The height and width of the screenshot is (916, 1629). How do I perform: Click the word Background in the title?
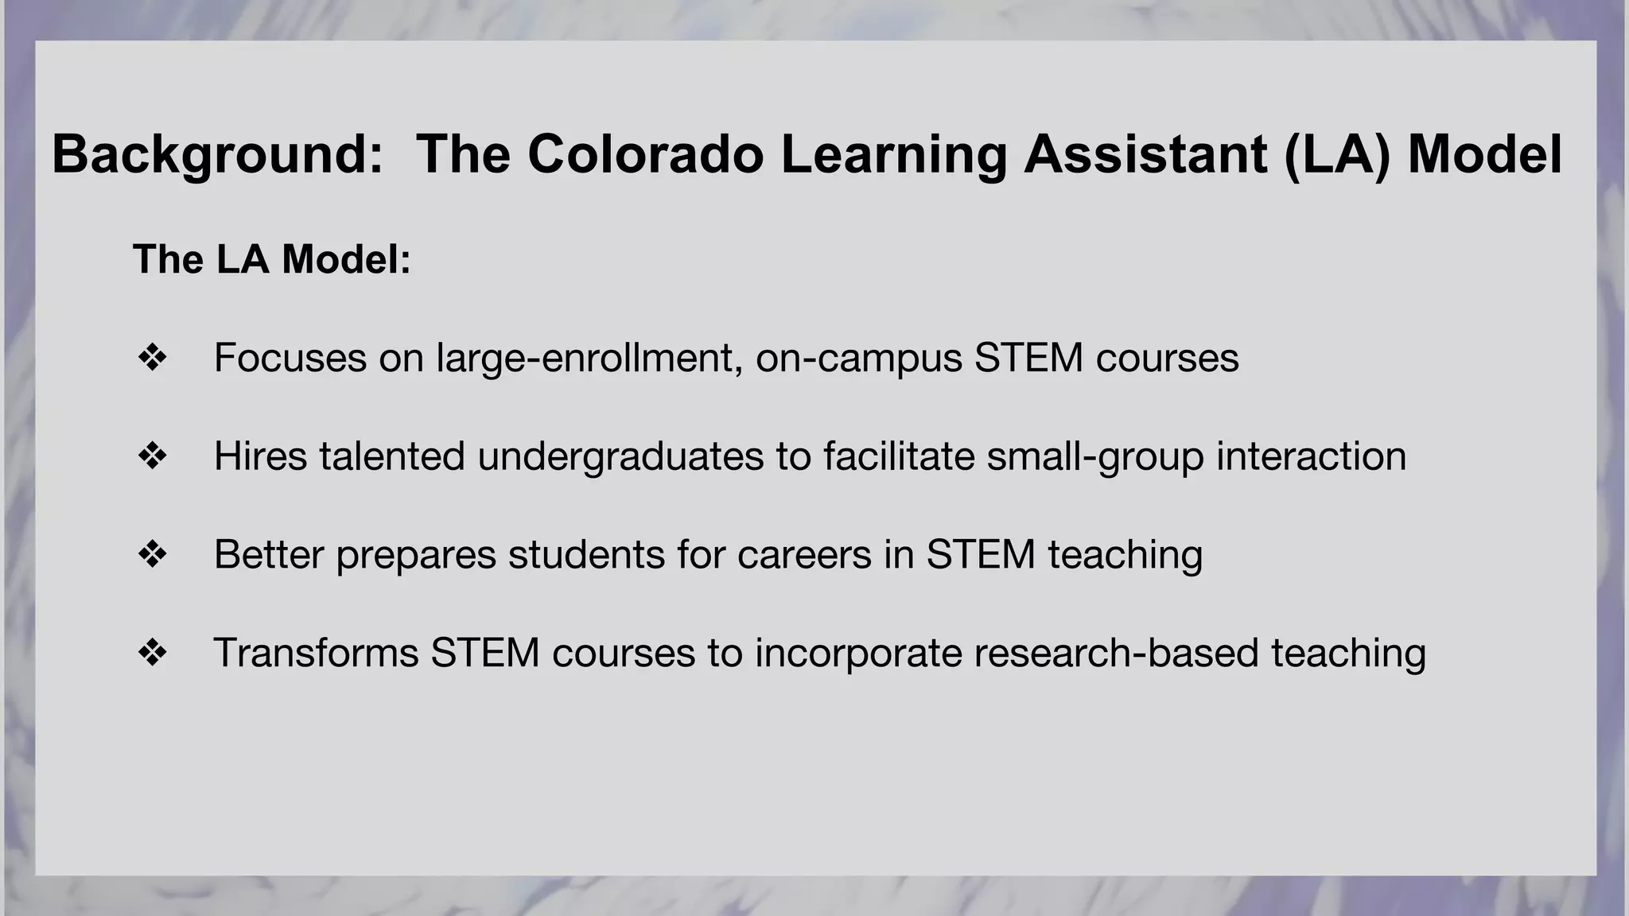[217, 154]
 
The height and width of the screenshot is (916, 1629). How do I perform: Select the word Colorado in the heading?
[645, 154]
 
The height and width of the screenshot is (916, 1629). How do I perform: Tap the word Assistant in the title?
[1145, 154]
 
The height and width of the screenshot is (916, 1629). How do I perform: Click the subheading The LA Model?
[272, 259]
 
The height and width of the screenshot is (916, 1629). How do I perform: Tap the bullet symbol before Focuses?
[152, 358]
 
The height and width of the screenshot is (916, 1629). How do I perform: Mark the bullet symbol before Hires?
[152, 456]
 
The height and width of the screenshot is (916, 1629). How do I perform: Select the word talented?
[392, 456]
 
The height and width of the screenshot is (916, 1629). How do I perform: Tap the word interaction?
[1311, 456]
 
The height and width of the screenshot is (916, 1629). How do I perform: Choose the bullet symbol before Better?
[152, 554]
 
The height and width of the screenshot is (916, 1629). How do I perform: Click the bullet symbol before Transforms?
[152, 653]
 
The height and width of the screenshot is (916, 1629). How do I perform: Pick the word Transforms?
[316, 653]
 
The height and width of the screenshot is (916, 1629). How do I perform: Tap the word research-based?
[1116, 653]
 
